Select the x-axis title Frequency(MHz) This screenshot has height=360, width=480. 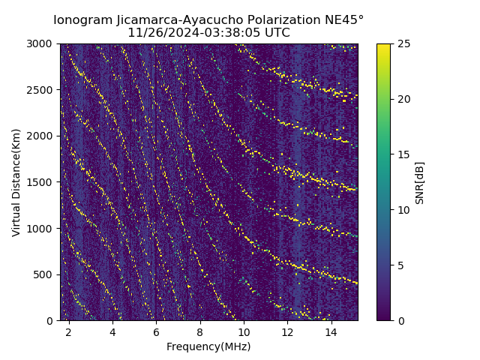coord(208,346)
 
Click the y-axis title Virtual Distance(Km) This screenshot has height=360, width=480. coord(16,182)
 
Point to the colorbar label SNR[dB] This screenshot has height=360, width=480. coord(420,182)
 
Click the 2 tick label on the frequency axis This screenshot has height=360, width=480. coord(69,331)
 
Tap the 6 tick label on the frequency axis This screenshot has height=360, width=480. coord(156,331)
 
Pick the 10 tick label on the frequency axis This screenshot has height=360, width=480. coord(244,331)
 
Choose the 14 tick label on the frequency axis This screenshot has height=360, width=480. coord(331,331)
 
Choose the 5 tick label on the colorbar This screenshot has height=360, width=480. coord(399,265)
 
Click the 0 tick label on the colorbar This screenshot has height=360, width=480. coord(399,320)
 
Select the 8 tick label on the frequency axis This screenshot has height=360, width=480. coord(199,331)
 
